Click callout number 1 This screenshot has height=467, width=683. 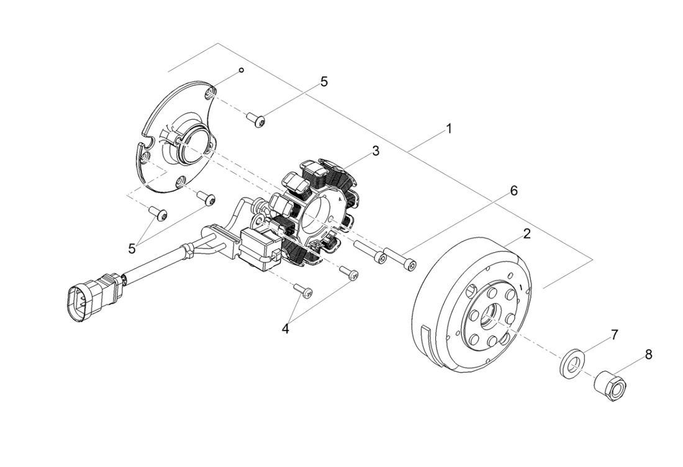pos(448,129)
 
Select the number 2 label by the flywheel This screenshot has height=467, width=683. pos(527,233)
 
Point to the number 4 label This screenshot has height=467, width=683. pos(286,329)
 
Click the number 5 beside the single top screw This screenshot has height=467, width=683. pos(324,81)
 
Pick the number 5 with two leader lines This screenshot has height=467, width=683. pos(132,248)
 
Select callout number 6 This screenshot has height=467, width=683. pos(513,191)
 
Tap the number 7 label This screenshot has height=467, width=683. pos(614,335)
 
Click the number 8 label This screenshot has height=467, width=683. pos(648,355)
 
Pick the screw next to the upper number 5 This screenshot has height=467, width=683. pos(255,118)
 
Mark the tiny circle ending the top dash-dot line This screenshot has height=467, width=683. pos(242,70)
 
